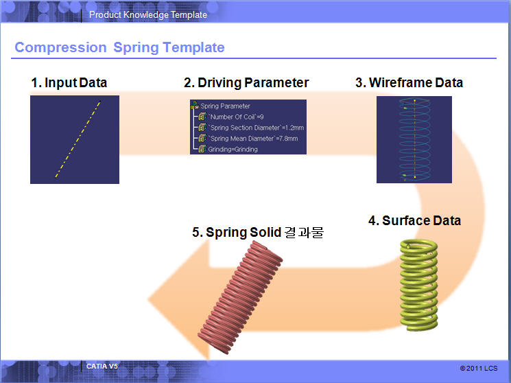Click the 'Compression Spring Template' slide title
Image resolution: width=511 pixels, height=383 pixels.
click(119, 47)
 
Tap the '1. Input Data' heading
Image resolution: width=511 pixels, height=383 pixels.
click(69, 82)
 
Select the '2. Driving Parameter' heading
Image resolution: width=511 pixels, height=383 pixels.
click(246, 82)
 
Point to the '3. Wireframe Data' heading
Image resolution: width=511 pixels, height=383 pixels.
click(409, 82)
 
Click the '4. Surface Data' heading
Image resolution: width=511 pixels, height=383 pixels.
click(414, 220)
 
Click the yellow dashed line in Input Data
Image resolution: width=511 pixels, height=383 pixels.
click(78, 139)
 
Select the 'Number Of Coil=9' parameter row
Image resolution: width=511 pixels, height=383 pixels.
click(236, 117)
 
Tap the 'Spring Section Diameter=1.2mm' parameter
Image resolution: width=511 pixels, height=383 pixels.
click(257, 128)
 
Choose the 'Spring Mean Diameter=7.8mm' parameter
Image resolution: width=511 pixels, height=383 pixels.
click(253, 139)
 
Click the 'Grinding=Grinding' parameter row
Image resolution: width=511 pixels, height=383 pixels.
click(233, 150)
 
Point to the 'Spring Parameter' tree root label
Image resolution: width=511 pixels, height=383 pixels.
click(225, 106)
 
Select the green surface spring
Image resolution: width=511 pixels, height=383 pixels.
click(419, 286)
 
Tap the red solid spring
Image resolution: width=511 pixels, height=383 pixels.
click(240, 297)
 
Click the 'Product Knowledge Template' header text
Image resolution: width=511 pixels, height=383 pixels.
click(148, 14)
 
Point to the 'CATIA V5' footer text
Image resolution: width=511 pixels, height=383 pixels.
click(102, 367)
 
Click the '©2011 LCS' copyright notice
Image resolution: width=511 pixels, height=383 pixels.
click(478, 369)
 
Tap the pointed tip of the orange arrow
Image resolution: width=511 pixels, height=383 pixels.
click(148, 299)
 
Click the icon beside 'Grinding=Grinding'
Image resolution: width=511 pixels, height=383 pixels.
click(202, 149)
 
